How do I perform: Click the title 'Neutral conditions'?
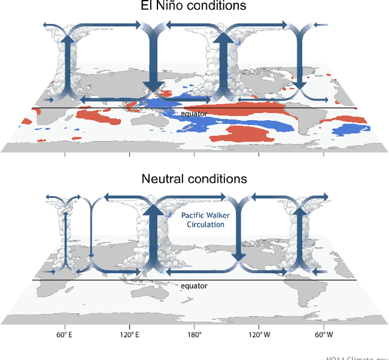(x=194, y=178)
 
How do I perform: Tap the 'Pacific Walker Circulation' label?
(x=202, y=220)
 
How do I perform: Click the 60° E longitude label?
(x=64, y=335)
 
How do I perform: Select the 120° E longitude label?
(x=129, y=335)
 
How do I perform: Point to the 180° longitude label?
(x=194, y=335)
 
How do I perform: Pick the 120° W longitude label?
(x=259, y=335)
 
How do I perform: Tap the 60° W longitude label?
(x=324, y=335)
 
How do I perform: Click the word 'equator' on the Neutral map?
(x=194, y=285)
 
